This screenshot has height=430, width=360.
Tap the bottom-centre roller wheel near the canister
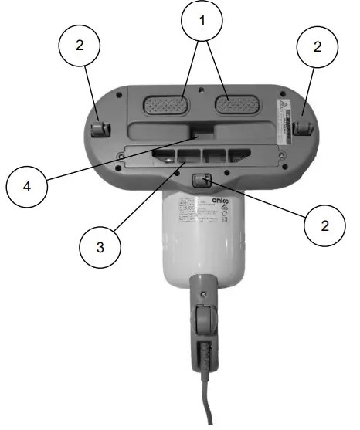pyautogui.click(x=202, y=180)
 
